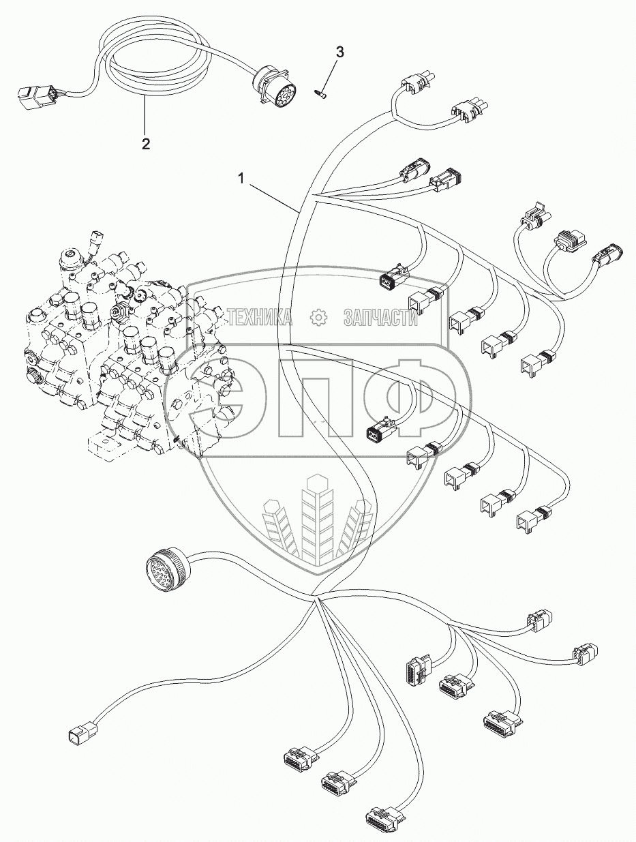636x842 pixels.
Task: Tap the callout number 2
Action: click(x=145, y=143)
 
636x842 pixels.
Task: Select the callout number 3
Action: click(x=340, y=52)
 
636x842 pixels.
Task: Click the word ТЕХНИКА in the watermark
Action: click(x=261, y=317)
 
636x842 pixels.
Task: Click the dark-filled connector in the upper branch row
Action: click(x=389, y=280)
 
